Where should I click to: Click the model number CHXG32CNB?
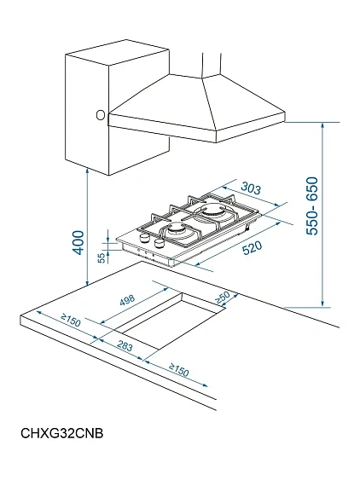[x=62, y=433]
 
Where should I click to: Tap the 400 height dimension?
[x=78, y=243]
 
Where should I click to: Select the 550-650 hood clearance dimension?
[x=312, y=206]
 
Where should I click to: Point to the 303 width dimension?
[x=251, y=188]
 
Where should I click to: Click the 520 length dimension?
[x=253, y=248]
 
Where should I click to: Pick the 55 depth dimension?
[x=102, y=257]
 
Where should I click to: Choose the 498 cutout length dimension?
[x=127, y=300]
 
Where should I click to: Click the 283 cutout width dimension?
[x=125, y=346]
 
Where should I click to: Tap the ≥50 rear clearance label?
[x=223, y=298]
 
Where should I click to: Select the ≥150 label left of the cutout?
[x=71, y=320]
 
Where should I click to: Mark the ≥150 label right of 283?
[x=179, y=370]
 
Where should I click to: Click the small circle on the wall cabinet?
[x=101, y=115]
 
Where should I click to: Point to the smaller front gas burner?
[x=177, y=230]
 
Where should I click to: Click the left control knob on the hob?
[x=144, y=238]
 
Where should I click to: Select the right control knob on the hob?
[x=160, y=243]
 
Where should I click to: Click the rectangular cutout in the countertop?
[x=171, y=321]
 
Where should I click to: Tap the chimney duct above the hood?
[x=212, y=65]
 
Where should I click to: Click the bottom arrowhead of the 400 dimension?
[x=88, y=282]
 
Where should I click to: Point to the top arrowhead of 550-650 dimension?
[x=322, y=126]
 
